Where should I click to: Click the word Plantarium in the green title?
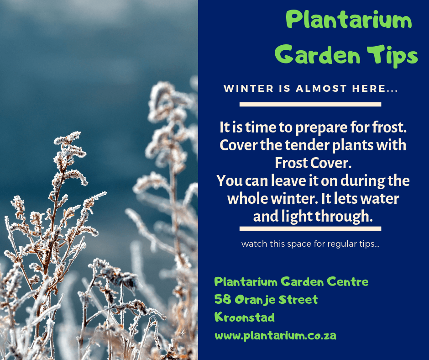point(349,20)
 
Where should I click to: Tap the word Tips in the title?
point(392,56)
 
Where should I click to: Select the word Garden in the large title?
point(318,54)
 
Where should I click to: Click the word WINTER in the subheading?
point(248,89)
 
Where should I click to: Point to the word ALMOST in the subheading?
point(321,89)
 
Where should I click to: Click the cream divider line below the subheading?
point(310,104)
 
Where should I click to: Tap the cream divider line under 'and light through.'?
point(310,228)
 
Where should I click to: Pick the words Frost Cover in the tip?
point(313,163)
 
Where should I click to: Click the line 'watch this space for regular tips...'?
point(310,244)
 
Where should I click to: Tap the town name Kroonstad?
point(244,317)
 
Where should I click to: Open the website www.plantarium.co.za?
point(275,336)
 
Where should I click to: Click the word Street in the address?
point(298,299)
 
